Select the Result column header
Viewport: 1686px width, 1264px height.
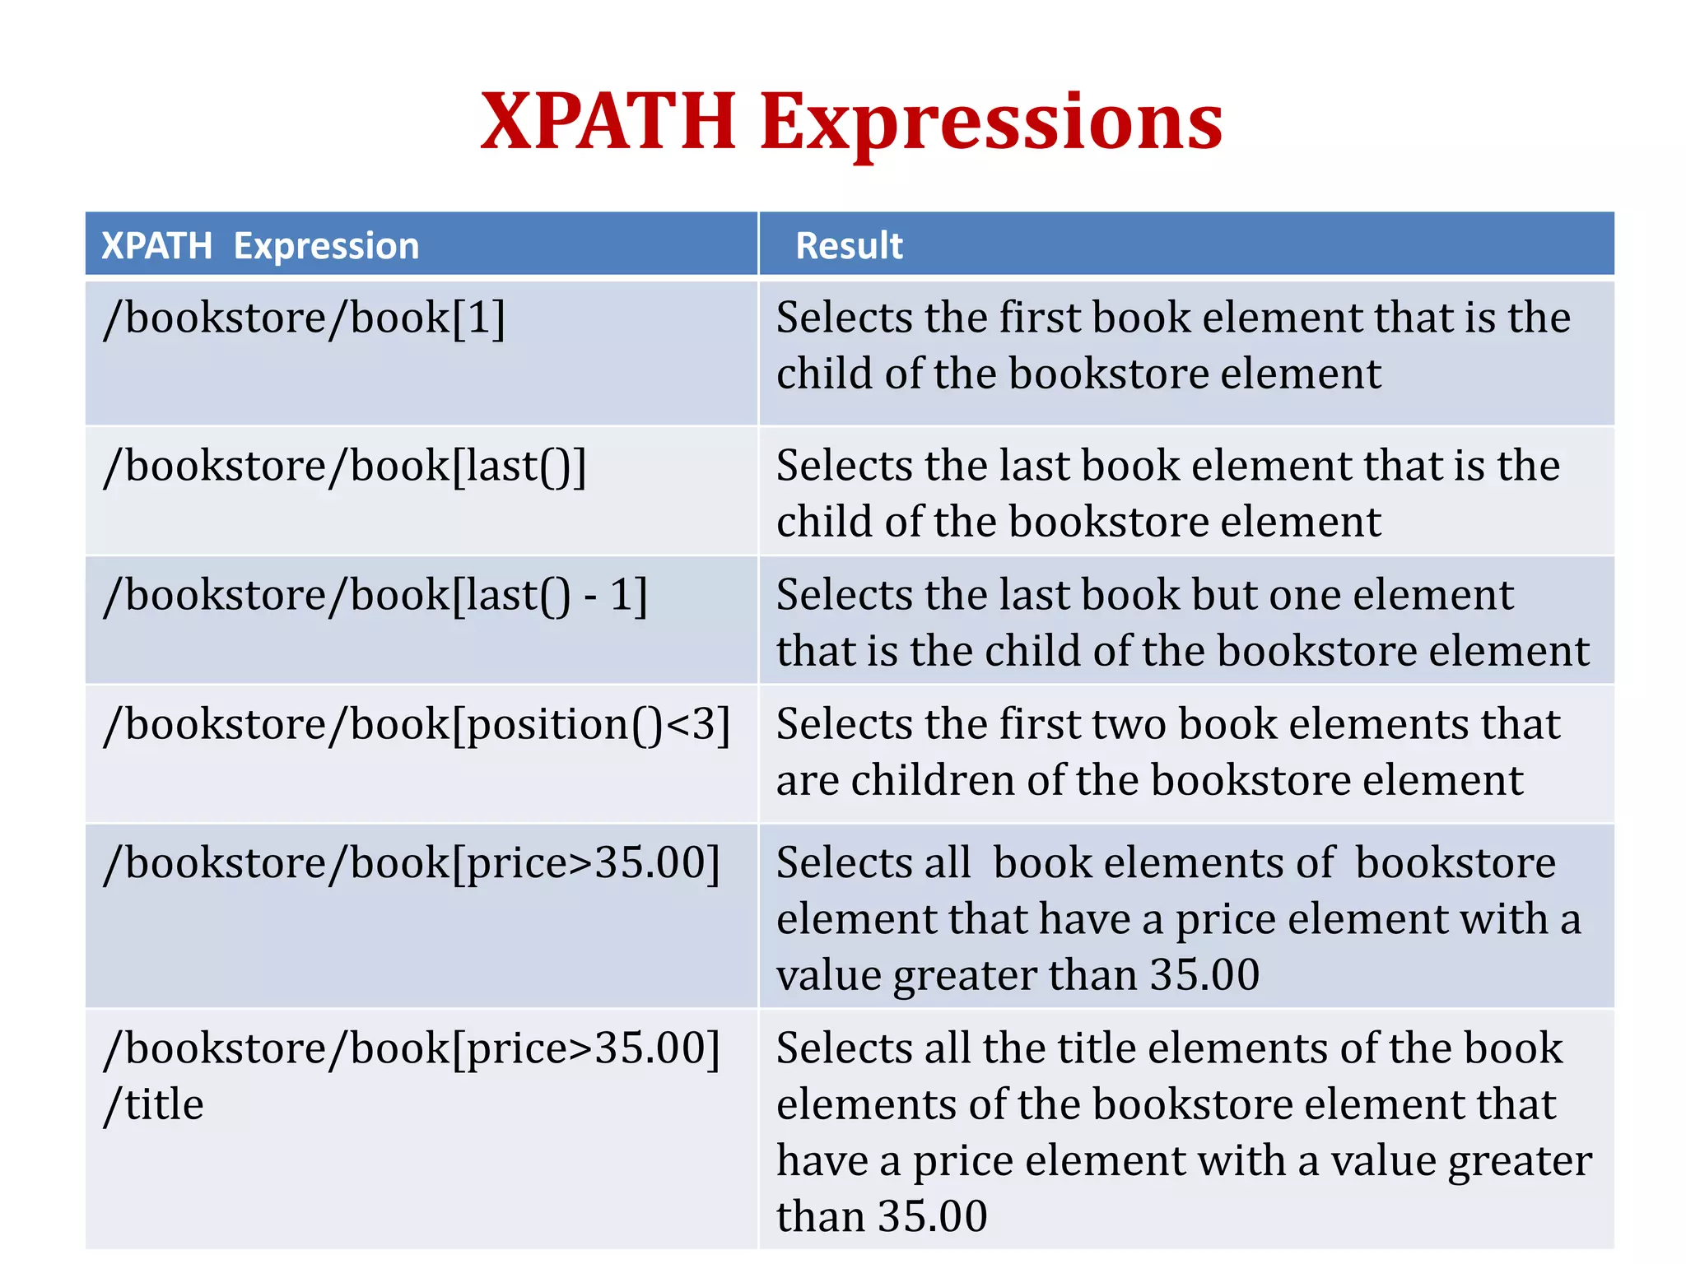click(x=849, y=246)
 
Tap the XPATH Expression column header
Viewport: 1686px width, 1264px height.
click(x=260, y=246)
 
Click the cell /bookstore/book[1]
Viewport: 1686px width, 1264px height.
click(x=304, y=318)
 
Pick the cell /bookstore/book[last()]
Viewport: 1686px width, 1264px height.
click(x=345, y=467)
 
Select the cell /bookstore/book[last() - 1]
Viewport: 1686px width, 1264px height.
click(x=375, y=595)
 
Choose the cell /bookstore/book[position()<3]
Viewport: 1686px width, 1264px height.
click(x=417, y=725)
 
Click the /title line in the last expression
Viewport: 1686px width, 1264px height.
click(x=154, y=1104)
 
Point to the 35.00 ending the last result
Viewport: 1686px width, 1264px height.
click(x=932, y=1216)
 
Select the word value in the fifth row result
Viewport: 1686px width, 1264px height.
click(x=829, y=976)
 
